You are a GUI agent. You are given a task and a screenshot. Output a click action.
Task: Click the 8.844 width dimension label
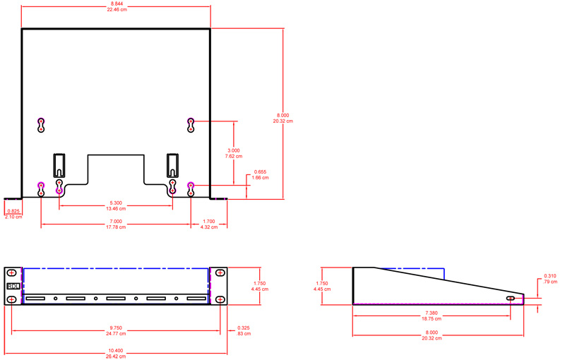pos(117,4)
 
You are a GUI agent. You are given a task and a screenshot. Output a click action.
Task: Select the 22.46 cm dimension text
pos(117,9)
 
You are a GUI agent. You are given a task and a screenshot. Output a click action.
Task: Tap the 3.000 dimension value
pos(234,150)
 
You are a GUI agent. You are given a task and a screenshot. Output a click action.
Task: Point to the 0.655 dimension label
pos(260,172)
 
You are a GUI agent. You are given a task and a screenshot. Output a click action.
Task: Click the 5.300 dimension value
pos(116,203)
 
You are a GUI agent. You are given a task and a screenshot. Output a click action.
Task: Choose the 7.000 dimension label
pos(116,222)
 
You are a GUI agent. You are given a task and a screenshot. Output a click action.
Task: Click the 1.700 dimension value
pos(209,222)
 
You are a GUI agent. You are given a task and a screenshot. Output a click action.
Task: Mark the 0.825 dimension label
pos(13,211)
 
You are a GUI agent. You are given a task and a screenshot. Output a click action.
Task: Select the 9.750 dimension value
pos(116,328)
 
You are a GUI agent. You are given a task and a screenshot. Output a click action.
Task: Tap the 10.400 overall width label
pos(116,351)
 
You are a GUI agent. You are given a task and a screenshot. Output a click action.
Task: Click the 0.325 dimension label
pos(244,328)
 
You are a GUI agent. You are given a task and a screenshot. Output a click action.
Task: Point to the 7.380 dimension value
pos(432,313)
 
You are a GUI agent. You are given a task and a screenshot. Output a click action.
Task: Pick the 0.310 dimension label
pos(550,276)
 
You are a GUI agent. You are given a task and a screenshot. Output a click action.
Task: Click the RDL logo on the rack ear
pos(13,286)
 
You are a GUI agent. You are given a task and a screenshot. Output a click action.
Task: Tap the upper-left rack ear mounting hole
pos(12,273)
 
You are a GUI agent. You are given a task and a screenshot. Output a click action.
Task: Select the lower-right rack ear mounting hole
pos(220,299)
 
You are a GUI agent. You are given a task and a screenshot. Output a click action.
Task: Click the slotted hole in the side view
pos(511,298)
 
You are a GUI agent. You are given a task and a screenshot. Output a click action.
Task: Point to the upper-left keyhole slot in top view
pos(41,125)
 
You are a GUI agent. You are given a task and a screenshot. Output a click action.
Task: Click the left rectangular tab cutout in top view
pos(59,166)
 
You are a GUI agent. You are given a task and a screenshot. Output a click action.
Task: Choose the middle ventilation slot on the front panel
pos(116,299)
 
